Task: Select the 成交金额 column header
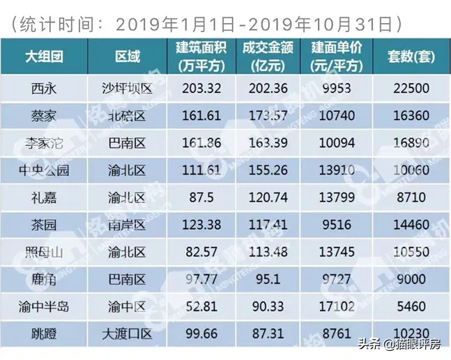coord(264,57)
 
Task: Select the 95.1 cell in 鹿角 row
coord(264,279)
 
